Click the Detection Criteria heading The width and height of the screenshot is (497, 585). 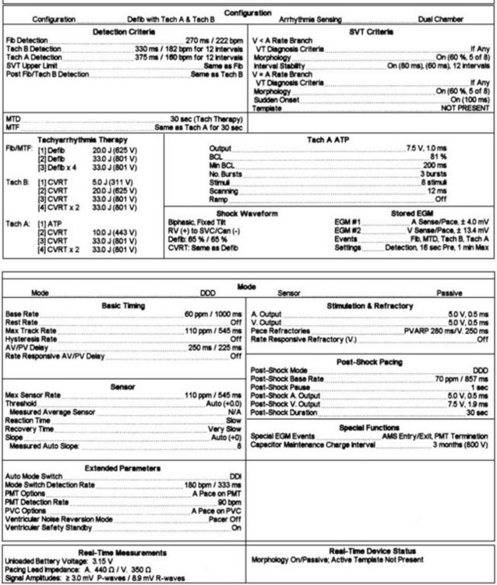(123, 32)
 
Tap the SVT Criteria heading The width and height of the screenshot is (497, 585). (372, 32)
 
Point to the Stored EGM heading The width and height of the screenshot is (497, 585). (409, 213)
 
